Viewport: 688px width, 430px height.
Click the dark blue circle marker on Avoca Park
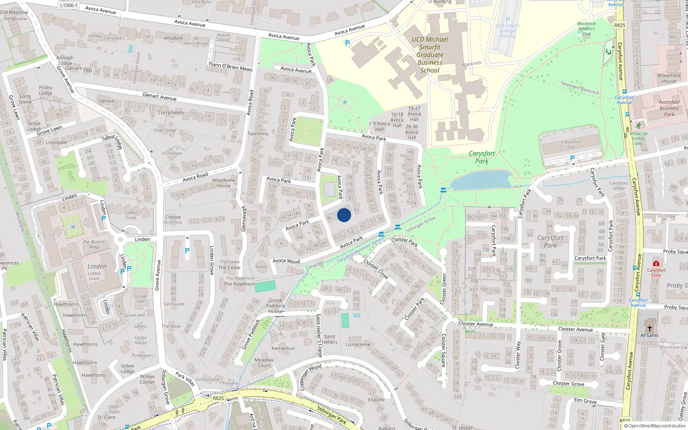pyautogui.click(x=344, y=215)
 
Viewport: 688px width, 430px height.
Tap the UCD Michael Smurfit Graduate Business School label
pyautogui.click(x=430, y=55)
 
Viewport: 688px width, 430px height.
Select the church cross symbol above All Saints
pyautogui.click(x=649, y=328)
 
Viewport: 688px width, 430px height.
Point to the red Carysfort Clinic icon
pyautogui.click(x=656, y=263)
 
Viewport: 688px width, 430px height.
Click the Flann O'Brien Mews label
pyautogui.click(x=230, y=66)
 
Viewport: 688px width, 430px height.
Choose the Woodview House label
pyautogui.click(x=224, y=183)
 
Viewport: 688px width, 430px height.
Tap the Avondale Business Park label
pyautogui.click(x=669, y=108)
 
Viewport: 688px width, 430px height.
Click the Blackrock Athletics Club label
pyautogui.click(x=587, y=29)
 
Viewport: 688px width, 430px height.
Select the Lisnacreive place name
pyautogui.click(x=358, y=344)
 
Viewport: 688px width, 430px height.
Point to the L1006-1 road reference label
pyautogui.click(x=69, y=6)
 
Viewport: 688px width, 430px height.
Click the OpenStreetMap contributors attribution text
pyautogui.click(x=654, y=426)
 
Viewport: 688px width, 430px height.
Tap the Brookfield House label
pyautogui.click(x=669, y=78)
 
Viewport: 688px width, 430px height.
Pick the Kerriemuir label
pyautogui.click(x=283, y=348)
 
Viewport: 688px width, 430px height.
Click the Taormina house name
pyautogui.click(x=258, y=134)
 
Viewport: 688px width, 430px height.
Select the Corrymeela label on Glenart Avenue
pyautogui.click(x=171, y=113)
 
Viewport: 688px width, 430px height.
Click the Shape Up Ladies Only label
pyautogui.click(x=639, y=138)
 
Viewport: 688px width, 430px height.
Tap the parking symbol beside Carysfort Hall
pyautogui.click(x=572, y=158)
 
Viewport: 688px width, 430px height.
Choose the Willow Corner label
pyautogui.click(x=147, y=379)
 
